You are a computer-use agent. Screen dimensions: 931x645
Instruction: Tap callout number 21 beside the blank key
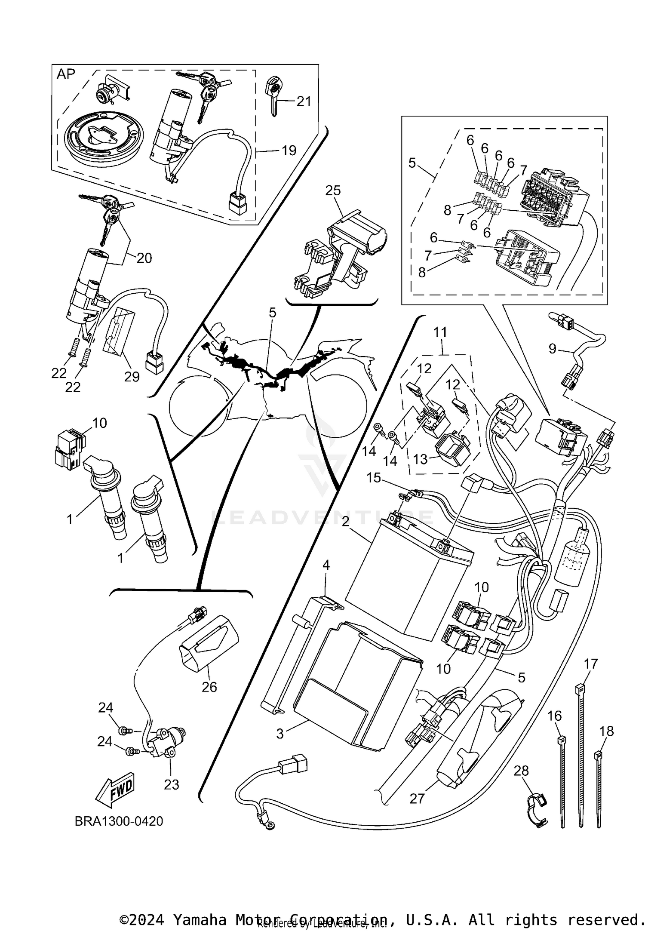click(304, 101)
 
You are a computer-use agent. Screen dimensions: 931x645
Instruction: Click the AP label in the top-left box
click(66, 74)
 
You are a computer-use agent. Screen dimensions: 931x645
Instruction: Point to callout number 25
click(333, 190)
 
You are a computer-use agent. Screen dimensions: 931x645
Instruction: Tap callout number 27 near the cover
click(417, 799)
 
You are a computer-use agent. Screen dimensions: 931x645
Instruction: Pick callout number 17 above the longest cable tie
click(591, 664)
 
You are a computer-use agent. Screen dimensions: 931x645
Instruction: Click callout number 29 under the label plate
click(132, 376)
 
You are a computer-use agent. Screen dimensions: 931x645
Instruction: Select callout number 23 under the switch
click(171, 784)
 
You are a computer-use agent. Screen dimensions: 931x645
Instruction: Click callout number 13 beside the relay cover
click(420, 459)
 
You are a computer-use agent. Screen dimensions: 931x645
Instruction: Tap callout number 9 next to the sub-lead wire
click(553, 348)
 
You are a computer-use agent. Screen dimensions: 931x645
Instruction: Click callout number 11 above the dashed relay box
click(440, 332)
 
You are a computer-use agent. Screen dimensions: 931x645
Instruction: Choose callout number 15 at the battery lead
click(374, 478)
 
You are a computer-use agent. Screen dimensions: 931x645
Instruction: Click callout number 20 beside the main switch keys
click(144, 258)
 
